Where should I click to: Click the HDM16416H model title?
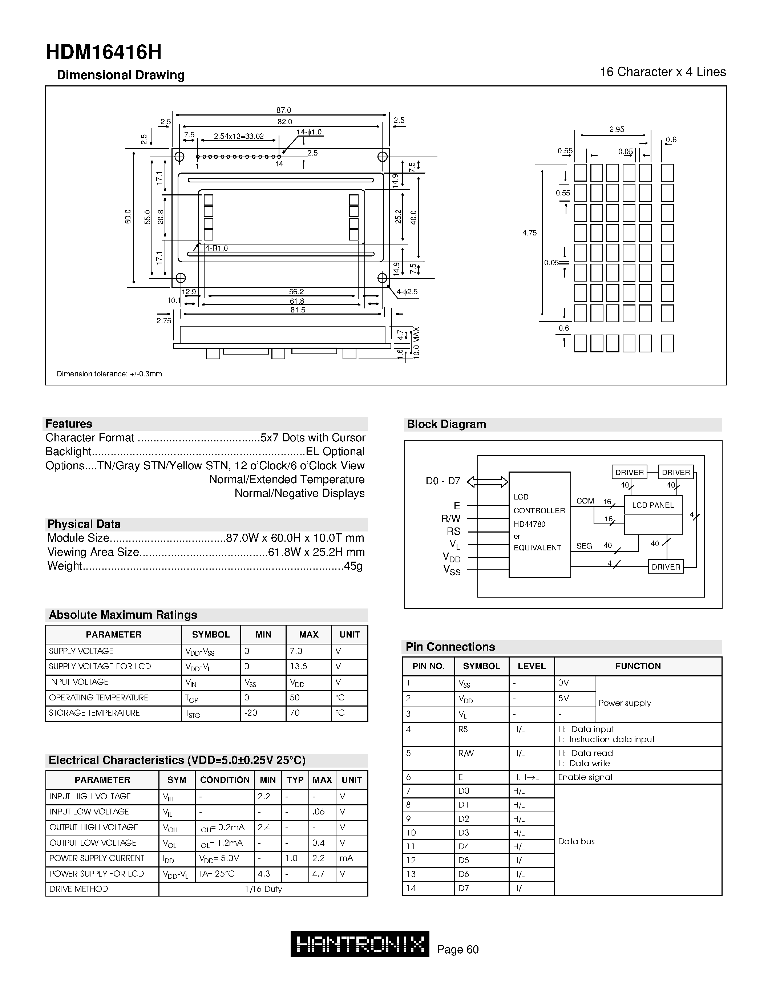point(104,53)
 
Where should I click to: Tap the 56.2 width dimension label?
point(296,291)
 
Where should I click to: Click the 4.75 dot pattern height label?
point(529,233)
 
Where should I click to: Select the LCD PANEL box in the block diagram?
point(652,505)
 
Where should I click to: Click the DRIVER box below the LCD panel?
point(666,567)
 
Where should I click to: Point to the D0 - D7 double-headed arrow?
point(488,481)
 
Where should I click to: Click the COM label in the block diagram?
point(585,501)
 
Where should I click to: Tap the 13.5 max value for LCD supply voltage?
point(298,667)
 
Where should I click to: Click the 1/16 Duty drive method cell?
point(263,889)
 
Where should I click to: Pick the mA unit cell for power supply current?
point(346,858)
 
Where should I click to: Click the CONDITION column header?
point(225,780)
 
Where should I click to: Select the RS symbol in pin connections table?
point(463,729)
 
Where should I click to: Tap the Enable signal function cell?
point(585,777)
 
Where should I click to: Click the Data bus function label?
point(576,841)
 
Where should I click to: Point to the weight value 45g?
point(353,566)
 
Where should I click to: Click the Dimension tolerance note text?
point(109,374)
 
